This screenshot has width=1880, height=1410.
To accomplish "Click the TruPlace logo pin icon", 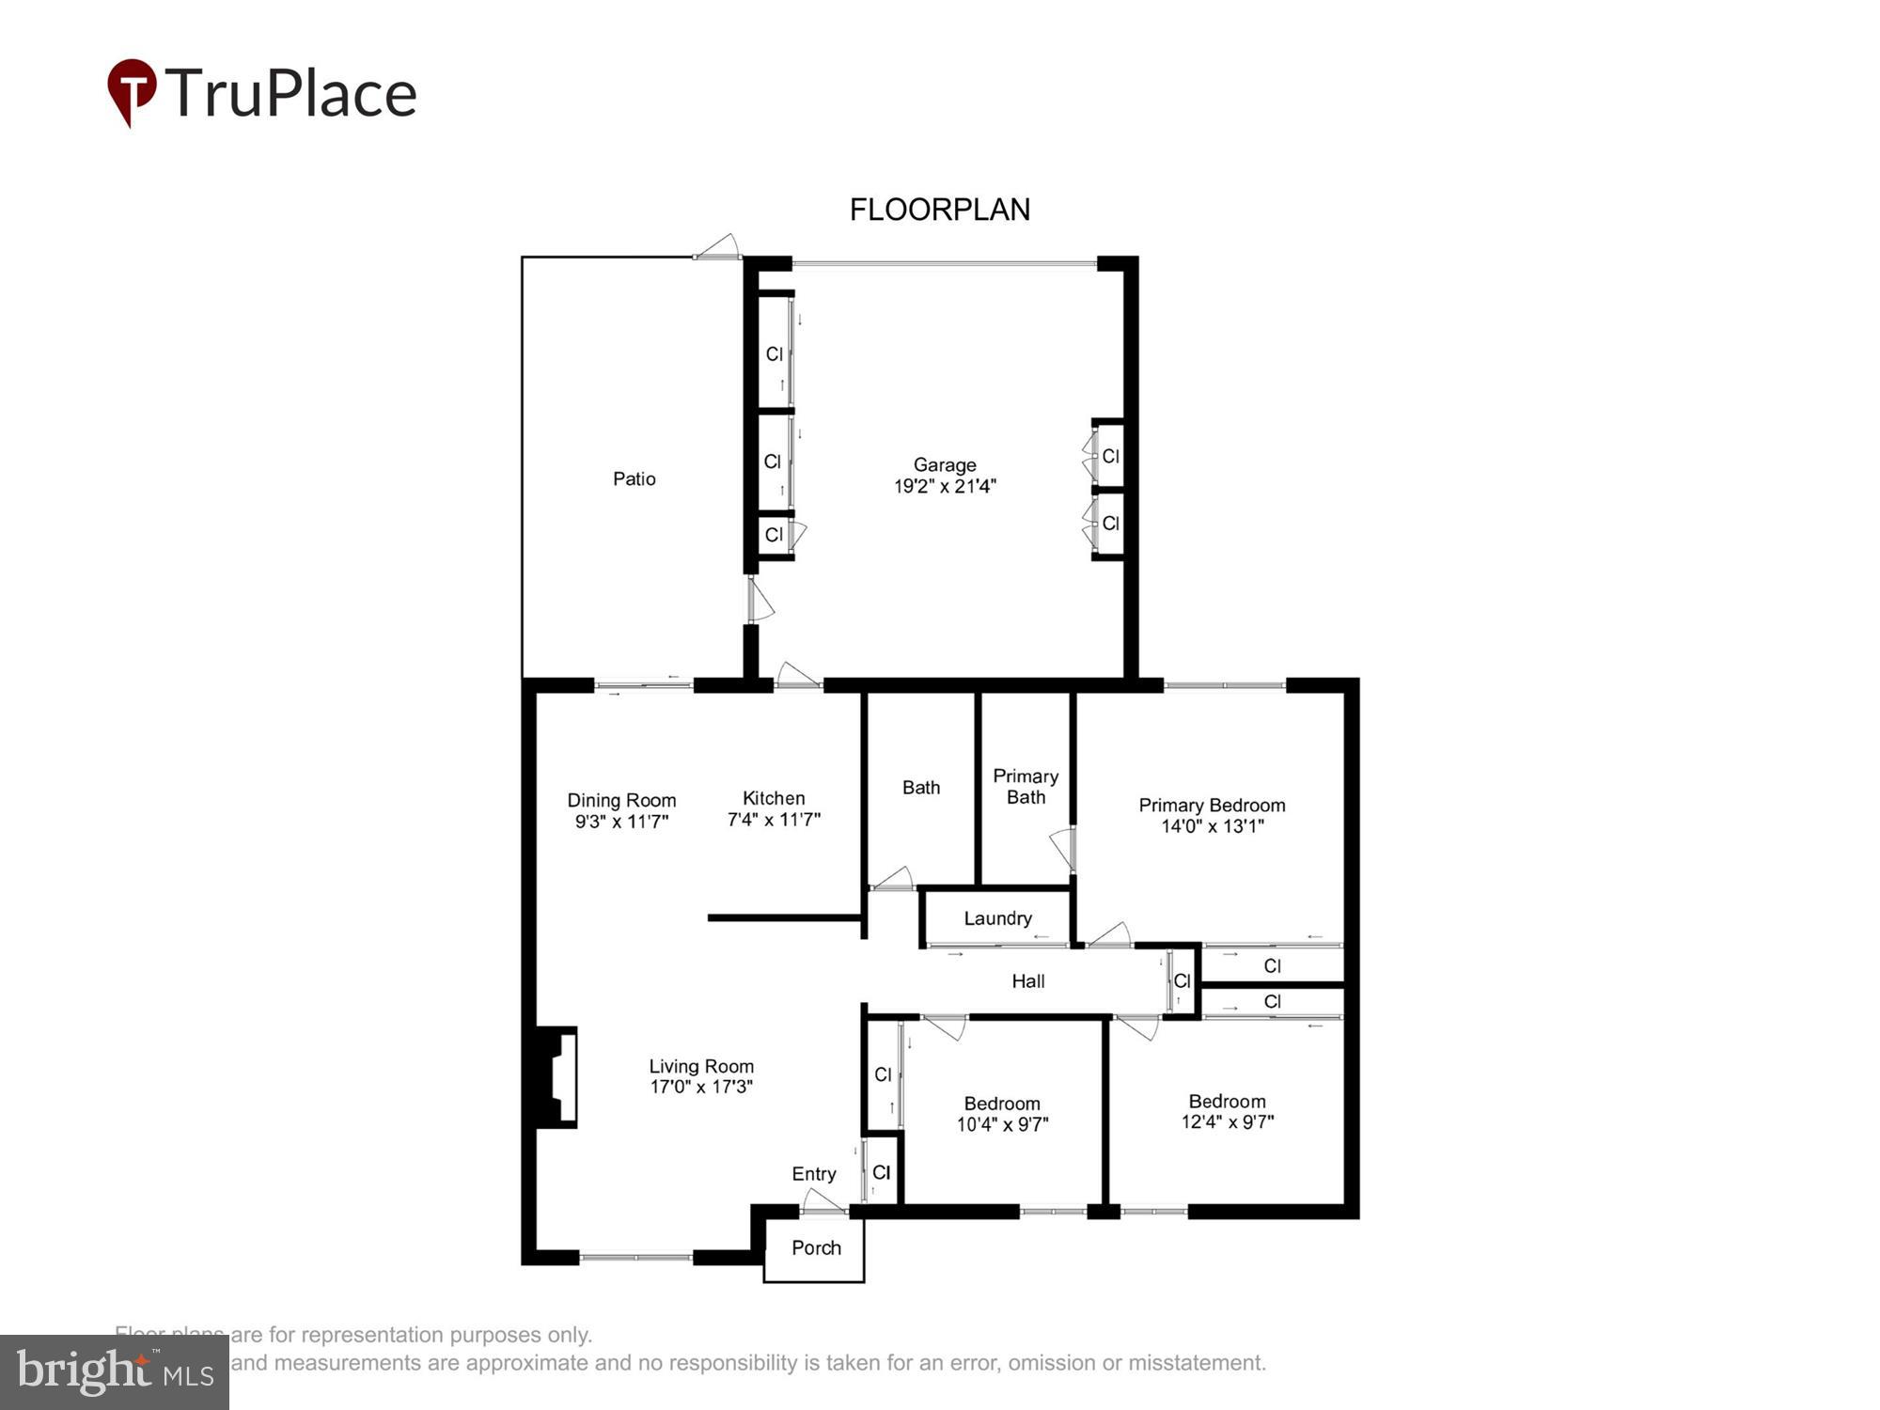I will tap(132, 89).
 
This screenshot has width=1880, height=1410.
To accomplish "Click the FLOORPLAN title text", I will tap(939, 210).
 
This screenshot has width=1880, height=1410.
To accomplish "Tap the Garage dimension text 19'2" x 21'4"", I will tap(944, 486).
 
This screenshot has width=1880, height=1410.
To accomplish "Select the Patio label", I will tap(634, 478).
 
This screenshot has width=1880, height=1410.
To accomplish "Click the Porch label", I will tap(815, 1247).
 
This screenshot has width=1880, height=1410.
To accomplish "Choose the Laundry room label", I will tap(997, 918).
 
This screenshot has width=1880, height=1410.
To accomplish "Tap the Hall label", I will tap(1027, 981).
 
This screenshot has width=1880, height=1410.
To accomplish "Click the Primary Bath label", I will tap(1026, 787).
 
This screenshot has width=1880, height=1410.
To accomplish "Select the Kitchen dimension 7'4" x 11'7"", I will tap(774, 820).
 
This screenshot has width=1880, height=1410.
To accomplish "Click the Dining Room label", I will tap(621, 800).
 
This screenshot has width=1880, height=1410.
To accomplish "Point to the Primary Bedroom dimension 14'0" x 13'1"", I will tap(1212, 826).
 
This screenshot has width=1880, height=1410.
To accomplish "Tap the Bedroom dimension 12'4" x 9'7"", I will tap(1227, 1121).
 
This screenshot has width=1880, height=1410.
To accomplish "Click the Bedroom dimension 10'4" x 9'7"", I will tap(1002, 1124).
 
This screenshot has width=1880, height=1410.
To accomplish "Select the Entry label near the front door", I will tap(813, 1173).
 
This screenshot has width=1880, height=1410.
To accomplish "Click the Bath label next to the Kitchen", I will tap(920, 788).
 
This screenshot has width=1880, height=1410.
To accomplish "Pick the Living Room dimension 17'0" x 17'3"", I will tap(701, 1087).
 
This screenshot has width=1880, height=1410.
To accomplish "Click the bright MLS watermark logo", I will tap(115, 1372).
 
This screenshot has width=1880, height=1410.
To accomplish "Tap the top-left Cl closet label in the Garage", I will tap(774, 354).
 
